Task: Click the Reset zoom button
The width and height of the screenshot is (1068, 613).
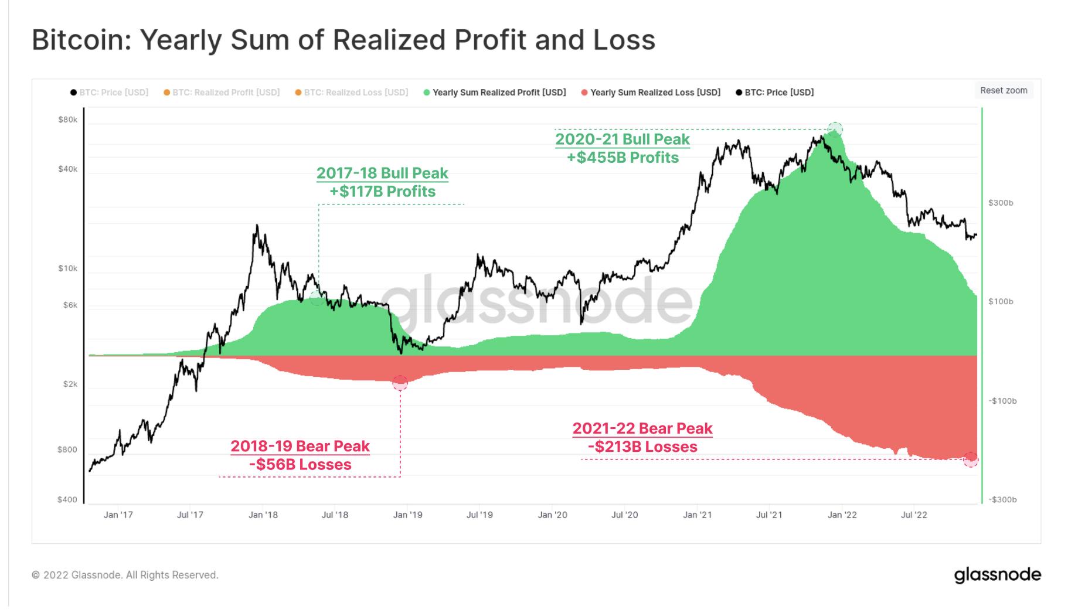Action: tap(1004, 90)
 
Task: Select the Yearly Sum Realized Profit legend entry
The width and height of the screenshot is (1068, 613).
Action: tap(499, 93)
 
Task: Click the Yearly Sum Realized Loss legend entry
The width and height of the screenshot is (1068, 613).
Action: tap(655, 93)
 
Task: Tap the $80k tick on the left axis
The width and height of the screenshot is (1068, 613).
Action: tap(67, 120)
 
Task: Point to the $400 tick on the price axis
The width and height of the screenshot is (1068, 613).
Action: tap(67, 500)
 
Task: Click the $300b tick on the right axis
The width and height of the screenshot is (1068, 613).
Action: tap(1001, 203)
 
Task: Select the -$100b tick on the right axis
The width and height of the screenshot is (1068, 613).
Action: tap(1002, 401)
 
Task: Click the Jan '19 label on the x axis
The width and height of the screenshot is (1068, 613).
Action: tap(407, 515)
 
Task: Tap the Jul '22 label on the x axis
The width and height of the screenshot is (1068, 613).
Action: tap(914, 515)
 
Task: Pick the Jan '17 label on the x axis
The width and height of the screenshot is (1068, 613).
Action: tap(118, 515)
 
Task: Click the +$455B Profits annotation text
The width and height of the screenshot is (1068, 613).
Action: tap(623, 158)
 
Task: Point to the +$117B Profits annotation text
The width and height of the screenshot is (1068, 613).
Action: tap(382, 192)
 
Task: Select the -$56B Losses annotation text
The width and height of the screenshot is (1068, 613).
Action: tap(300, 465)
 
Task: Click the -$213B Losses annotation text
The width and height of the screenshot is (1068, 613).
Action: tap(642, 447)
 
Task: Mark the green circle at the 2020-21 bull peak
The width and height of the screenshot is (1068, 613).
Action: tap(835, 129)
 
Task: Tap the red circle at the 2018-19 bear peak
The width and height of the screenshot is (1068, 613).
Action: tap(400, 383)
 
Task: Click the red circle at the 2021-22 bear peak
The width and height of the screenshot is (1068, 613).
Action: tap(971, 459)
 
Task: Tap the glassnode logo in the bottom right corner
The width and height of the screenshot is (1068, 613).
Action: tap(998, 574)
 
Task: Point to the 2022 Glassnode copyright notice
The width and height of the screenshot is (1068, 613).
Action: tap(125, 575)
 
